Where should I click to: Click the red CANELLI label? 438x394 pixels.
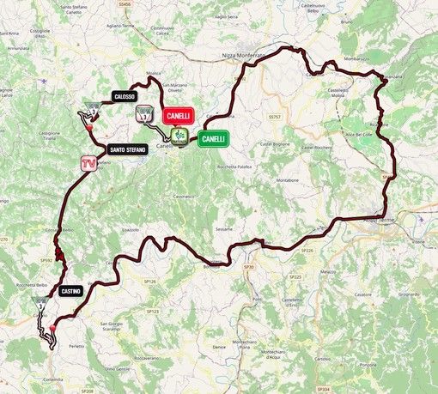179,114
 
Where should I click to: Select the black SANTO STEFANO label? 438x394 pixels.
127,149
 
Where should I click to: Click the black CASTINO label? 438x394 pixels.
71,292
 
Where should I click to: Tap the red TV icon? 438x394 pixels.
87,162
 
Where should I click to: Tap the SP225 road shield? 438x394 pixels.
296,277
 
